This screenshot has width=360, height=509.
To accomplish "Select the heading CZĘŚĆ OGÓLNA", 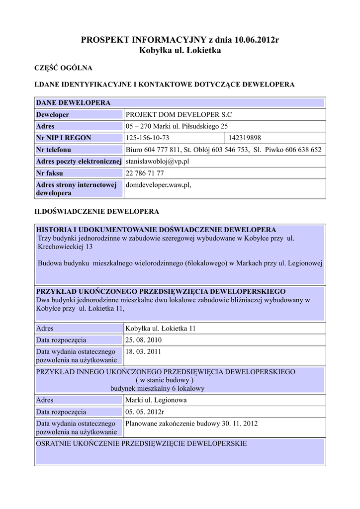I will (63, 68).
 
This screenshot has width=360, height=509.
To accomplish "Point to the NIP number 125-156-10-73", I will (148, 138).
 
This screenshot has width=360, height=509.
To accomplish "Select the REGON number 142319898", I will (245, 138).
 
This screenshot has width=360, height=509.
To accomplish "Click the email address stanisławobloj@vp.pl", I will (158, 162).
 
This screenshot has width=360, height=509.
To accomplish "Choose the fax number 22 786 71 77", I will (145, 173).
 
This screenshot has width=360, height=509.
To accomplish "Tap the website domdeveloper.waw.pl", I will (159, 185).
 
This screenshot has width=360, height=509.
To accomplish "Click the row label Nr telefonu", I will (54, 150).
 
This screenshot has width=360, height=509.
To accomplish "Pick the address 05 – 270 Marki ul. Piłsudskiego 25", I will (177, 126).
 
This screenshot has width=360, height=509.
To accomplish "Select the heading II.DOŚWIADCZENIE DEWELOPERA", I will (96, 212).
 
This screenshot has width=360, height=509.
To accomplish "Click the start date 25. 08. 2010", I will (143, 340).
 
